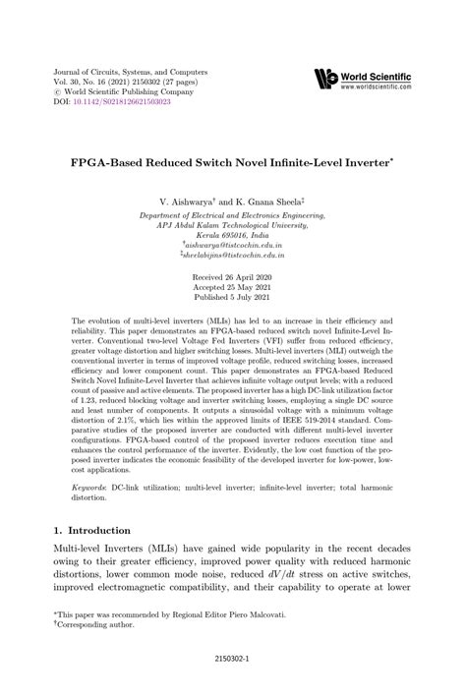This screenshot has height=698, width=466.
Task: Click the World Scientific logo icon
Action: coord(326,79)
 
